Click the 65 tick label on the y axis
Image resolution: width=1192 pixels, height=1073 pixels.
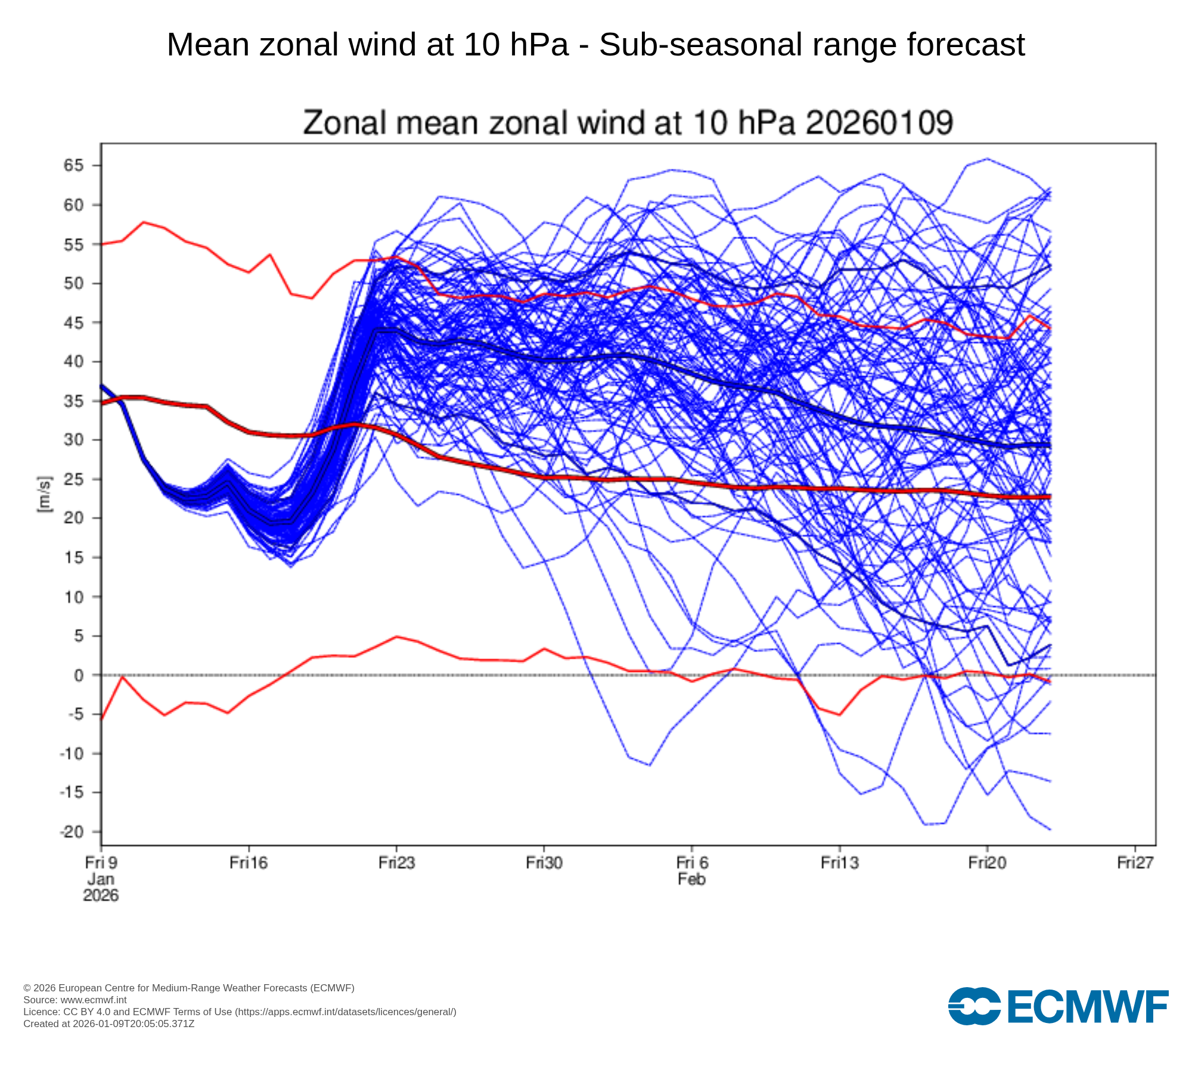click(74, 165)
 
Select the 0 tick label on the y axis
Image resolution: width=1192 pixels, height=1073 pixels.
click(79, 675)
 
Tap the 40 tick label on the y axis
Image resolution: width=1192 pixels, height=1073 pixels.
click(74, 362)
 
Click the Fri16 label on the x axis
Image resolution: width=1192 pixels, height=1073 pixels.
click(249, 863)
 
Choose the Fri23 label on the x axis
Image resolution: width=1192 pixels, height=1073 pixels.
click(396, 863)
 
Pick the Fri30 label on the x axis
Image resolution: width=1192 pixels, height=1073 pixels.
click(544, 863)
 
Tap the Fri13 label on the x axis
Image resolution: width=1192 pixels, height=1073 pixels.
click(840, 863)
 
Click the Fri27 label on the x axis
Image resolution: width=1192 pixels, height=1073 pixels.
click(1135, 863)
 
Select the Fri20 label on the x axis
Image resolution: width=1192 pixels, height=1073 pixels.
click(988, 863)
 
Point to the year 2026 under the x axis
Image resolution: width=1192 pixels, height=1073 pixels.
click(101, 895)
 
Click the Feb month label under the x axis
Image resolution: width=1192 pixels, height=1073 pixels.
click(691, 879)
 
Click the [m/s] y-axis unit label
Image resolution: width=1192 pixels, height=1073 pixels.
click(45, 495)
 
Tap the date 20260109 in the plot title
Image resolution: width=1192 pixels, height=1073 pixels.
click(879, 123)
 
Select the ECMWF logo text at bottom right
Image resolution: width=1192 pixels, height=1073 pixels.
click(1088, 1007)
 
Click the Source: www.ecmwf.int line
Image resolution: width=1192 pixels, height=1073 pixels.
click(75, 1000)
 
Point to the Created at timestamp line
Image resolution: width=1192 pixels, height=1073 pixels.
click(109, 1024)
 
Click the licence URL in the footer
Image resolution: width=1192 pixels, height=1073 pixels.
click(346, 1012)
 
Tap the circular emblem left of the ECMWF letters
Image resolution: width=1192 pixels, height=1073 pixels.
click(974, 1006)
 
